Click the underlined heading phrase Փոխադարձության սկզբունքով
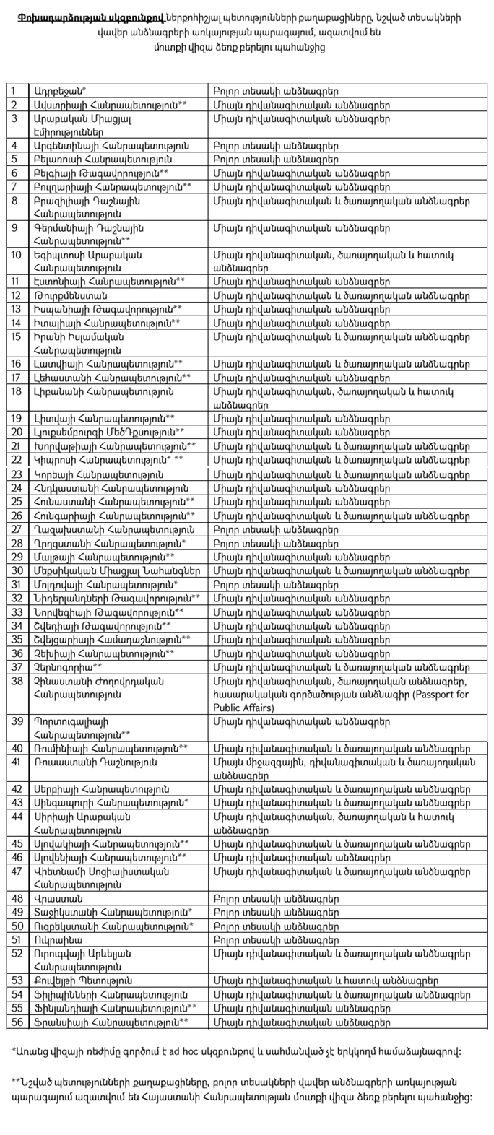[x=71, y=15]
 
